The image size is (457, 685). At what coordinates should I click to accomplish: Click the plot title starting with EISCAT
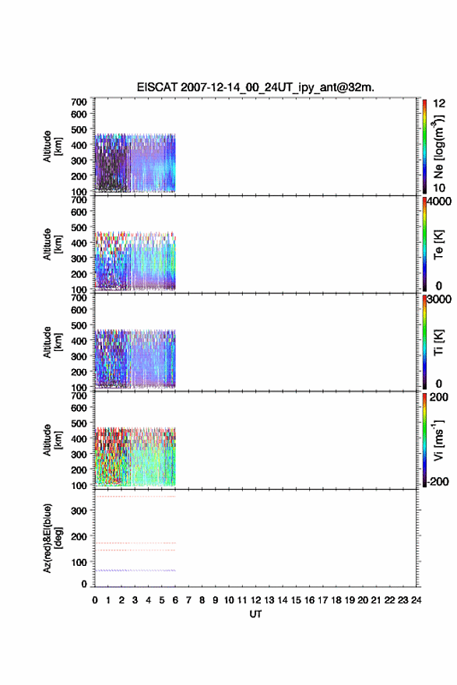point(255,87)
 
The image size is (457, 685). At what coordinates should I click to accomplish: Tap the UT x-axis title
point(255,614)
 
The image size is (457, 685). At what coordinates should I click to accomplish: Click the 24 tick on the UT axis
point(416,600)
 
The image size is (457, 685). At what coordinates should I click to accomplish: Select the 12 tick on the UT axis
point(255,600)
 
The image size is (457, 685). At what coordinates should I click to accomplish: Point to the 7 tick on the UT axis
point(188,600)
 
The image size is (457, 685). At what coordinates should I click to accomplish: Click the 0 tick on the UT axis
point(95,600)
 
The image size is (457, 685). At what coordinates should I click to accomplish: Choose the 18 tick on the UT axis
point(336,600)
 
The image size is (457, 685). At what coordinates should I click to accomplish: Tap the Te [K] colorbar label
point(438,244)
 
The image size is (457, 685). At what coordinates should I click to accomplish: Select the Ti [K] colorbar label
point(438,342)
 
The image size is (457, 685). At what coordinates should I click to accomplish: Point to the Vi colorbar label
point(438,441)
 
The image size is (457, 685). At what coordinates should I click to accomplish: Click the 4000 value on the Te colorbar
point(438,202)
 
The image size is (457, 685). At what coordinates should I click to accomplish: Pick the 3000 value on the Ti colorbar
point(438,299)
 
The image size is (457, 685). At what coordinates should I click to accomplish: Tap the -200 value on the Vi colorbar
point(438,481)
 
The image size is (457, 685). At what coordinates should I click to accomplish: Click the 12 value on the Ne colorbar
point(439,104)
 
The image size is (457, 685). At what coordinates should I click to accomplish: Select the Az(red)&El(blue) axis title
point(52,538)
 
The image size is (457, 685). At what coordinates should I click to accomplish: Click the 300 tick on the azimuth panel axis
point(79,511)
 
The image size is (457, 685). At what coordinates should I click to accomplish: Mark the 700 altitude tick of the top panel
point(79,102)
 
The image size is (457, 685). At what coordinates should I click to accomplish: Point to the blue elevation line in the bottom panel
point(135,570)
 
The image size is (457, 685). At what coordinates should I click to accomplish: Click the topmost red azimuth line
point(135,497)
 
